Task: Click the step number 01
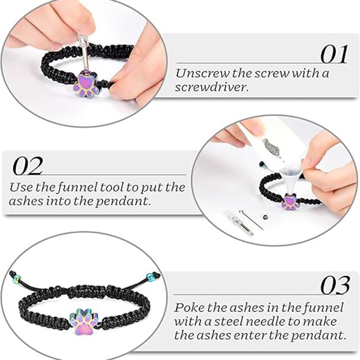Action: click(334, 54)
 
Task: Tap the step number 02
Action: click(27, 166)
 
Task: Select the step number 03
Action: click(335, 285)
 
